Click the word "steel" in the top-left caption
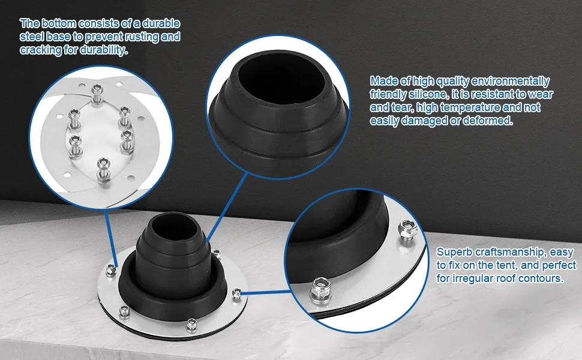pos(31,37)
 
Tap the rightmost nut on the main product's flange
pos(237,293)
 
